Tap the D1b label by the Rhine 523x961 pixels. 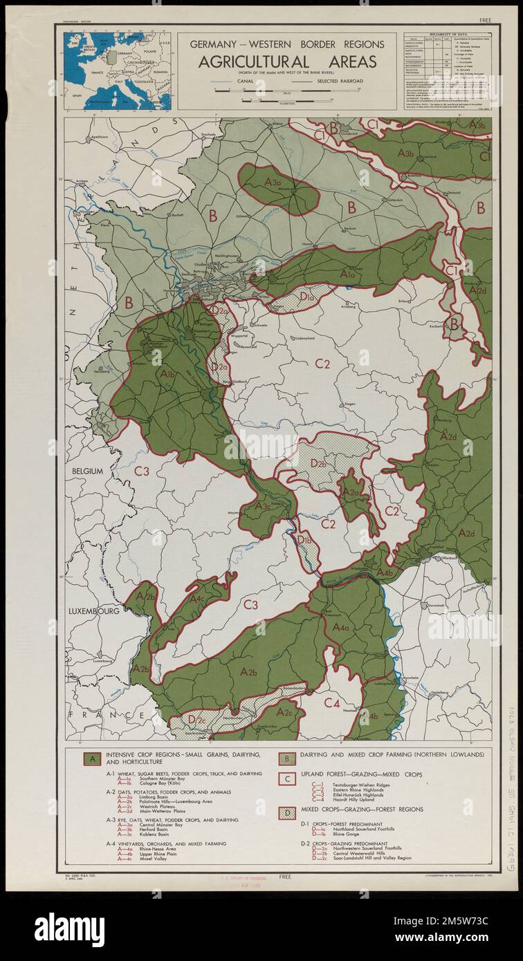[x=305, y=540]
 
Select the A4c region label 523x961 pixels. [x=196, y=599]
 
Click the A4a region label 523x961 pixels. [x=340, y=627]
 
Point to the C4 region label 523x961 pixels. [x=332, y=703]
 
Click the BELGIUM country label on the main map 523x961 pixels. [x=84, y=471]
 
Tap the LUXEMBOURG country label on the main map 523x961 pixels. [x=94, y=612]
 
